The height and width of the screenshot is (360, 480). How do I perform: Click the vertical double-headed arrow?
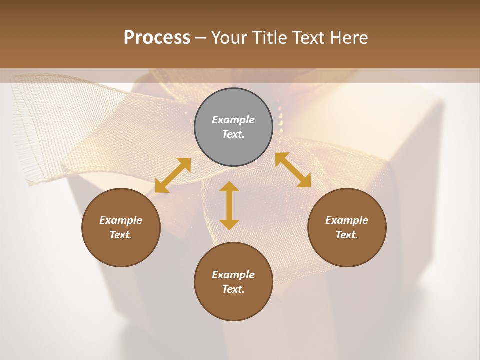(229, 205)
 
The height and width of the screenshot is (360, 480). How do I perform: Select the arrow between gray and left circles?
(173, 175)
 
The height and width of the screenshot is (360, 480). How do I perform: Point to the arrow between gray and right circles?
(293, 170)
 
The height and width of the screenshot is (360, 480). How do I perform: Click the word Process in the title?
(157, 37)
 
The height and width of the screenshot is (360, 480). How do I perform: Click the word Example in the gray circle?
(233, 120)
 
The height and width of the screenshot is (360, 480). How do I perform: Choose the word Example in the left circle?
(121, 220)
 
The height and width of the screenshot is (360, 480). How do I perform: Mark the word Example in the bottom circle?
(233, 275)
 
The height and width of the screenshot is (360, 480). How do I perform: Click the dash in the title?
(200, 38)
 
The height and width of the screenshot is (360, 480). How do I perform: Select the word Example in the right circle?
(347, 220)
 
